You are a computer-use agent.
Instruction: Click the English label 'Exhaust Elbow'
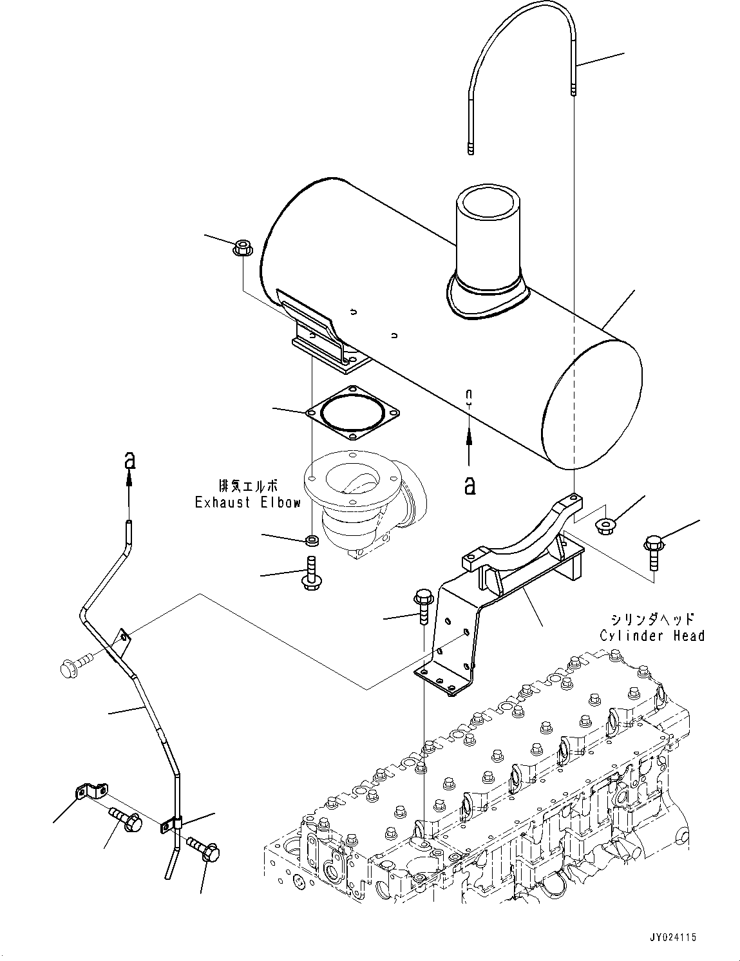247,502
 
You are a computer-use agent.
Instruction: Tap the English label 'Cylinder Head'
652,636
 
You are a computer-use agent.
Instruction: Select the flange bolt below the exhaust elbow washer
308,573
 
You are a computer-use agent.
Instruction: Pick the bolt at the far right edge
652,551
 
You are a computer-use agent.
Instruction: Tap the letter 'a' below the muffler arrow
470,484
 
